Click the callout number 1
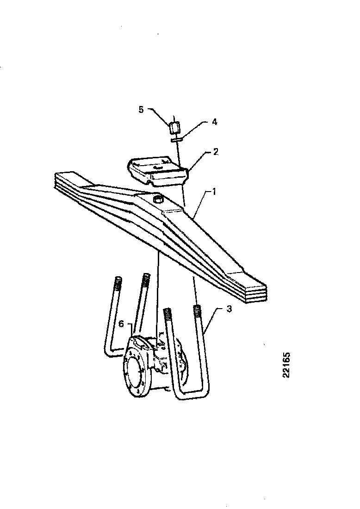pyautogui.click(x=214, y=192)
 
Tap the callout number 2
pyautogui.click(x=216, y=152)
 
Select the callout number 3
pyautogui.click(x=229, y=309)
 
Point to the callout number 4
pyautogui.click(x=214, y=122)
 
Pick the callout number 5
pyautogui.click(x=141, y=110)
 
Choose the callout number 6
pyautogui.click(x=121, y=324)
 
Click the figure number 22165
pyautogui.click(x=286, y=365)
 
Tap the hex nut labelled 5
pyautogui.click(x=174, y=127)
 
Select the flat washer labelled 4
pyautogui.click(x=177, y=140)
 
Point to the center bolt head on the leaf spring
pyautogui.click(x=158, y=199)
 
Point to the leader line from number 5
pyautogui.click(x=159, y=117)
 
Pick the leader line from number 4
pyautogui.click(x=195, y=130)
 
